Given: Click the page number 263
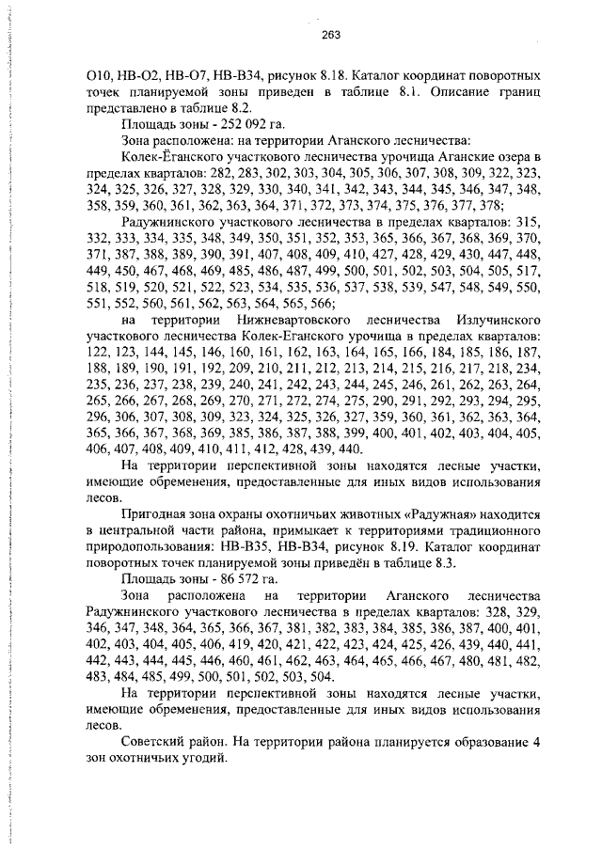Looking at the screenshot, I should pyautogui.click(x=330, y=35).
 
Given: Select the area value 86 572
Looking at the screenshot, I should pyautogui.click(x=214, y=578).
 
